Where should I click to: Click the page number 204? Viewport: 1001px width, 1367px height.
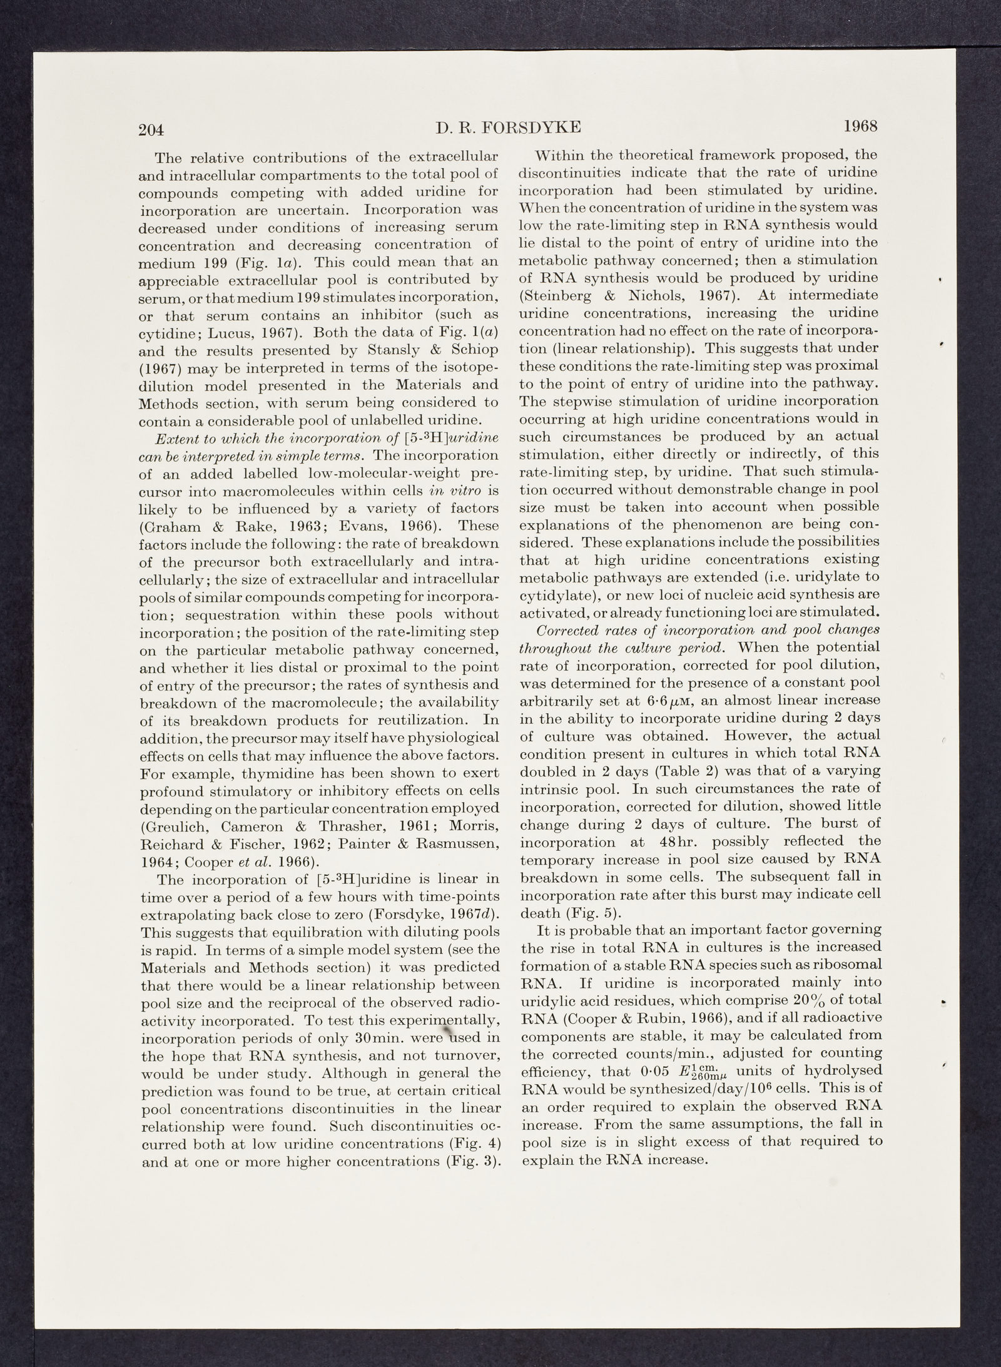151,130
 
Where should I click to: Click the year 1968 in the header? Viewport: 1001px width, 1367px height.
861,126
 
